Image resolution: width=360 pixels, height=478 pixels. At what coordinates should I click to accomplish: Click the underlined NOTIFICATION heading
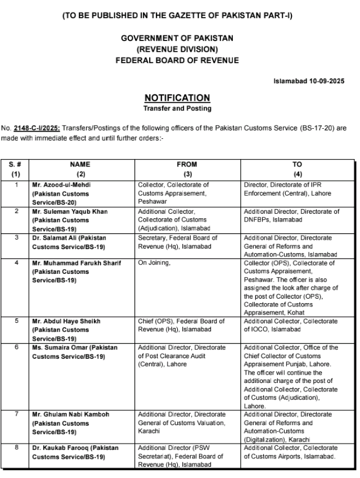177,97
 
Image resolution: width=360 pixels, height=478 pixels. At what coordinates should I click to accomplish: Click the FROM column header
187,164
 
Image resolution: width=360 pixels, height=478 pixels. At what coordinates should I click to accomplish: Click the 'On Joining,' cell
154,263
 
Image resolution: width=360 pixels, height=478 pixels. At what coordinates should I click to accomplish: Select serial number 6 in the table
16,348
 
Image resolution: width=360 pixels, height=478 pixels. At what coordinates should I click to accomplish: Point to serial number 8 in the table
16,448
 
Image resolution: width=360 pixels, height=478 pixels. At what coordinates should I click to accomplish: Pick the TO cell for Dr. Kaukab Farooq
290,452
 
